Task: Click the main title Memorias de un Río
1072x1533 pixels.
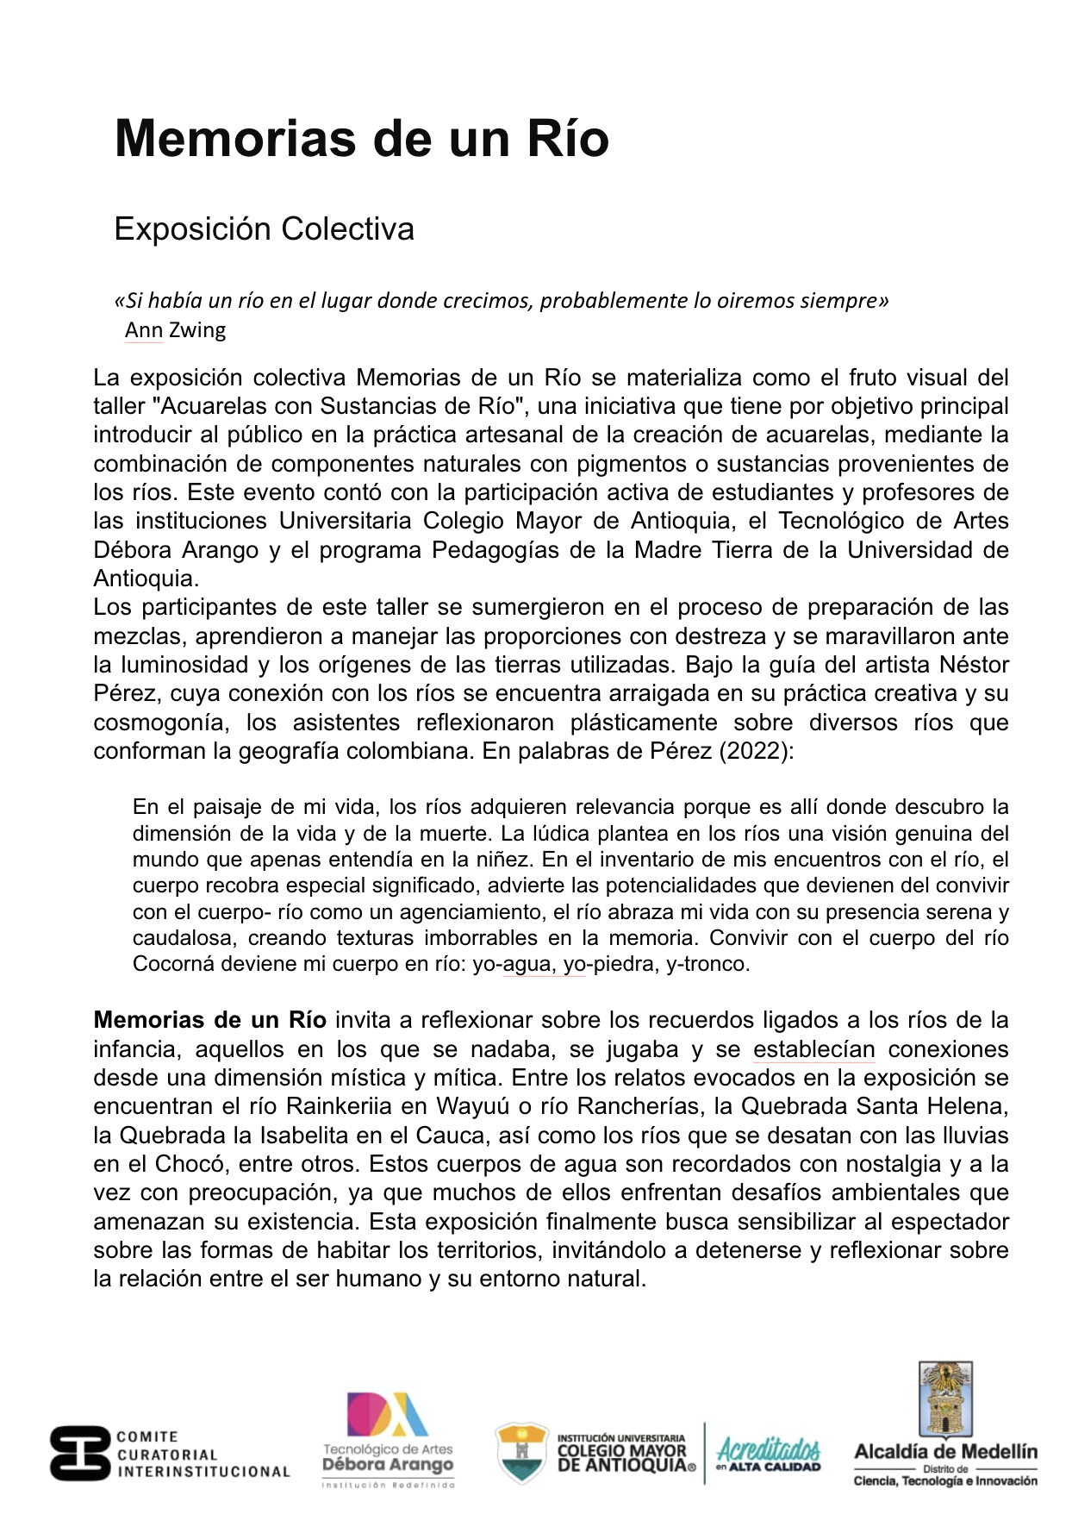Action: (x=361, y=138)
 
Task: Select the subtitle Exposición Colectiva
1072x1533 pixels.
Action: (x=264, y=228)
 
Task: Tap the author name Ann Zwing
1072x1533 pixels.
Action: (x=175, y=330)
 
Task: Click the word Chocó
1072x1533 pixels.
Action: (x=189, y=1164)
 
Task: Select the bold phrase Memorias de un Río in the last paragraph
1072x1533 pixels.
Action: (x=209, y=1020)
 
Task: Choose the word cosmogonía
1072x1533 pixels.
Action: (x=161, y=723)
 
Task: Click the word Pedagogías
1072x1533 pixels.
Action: (x=495, y=550)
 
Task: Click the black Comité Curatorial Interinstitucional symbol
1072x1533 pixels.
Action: (x=80, y=1453)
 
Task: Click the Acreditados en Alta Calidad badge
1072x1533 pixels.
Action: (x=769, y=1453)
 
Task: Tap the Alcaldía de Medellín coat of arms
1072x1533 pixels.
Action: (x=945, y=1398)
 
